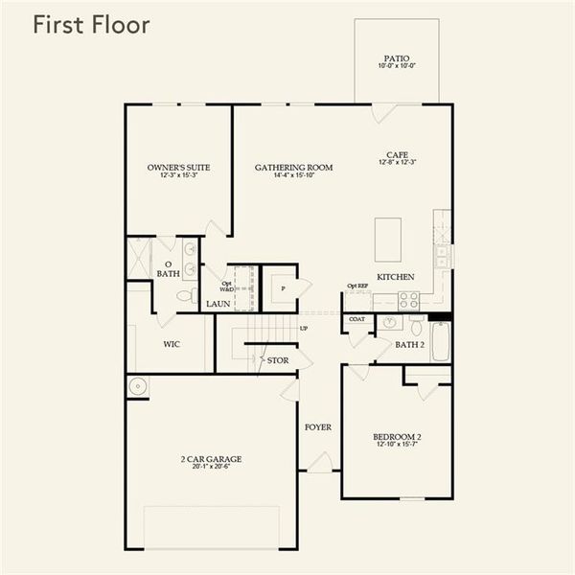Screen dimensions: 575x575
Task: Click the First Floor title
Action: point(91,25)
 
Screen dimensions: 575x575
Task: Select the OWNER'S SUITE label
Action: point(178,168)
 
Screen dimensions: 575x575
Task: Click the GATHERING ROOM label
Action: point(293,168)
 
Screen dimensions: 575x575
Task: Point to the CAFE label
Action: point(397,153)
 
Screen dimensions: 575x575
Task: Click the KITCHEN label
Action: point(396,277)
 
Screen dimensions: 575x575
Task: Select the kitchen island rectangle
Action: point(388,240)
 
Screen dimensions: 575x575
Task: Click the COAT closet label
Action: point(357,319)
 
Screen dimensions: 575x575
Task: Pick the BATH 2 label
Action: point(409,345)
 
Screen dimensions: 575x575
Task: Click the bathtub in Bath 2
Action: point(440,340)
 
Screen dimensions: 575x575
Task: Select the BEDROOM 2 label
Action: point(396,438)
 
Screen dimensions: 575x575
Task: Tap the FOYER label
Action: point(318,427)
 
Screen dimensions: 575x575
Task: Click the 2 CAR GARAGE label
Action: point(211,459)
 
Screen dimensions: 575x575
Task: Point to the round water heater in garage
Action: point(137,386)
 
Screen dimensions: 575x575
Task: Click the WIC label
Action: point(172,344)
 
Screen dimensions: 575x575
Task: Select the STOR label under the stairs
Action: point(278,360)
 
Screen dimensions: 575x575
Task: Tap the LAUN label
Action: point(218,304)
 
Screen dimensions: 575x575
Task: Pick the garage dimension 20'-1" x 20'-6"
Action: point(211,468)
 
